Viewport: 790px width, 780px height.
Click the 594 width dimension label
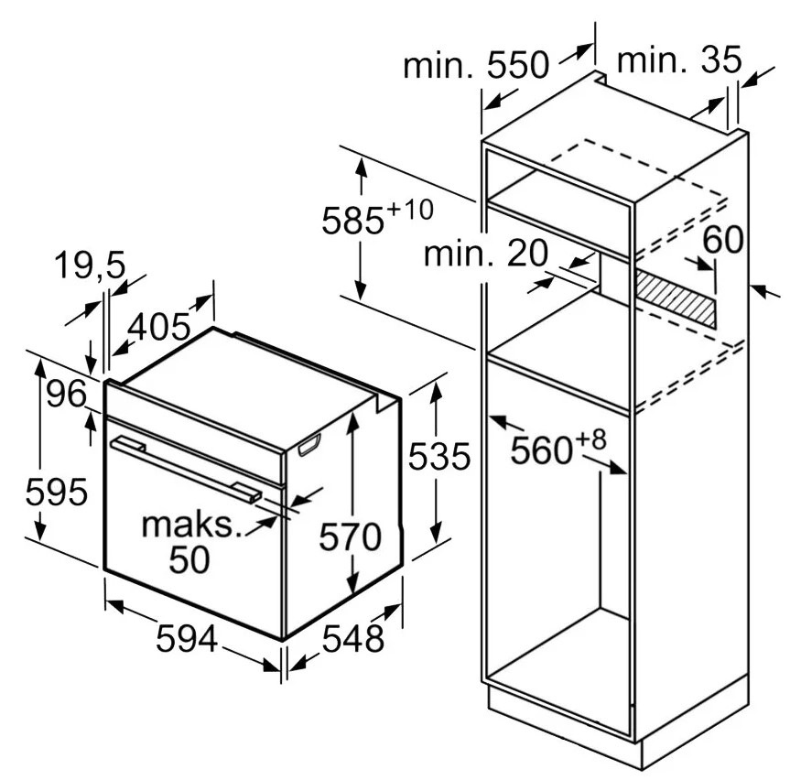click(x=187, y=639)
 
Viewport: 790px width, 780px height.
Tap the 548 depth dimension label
click(x=352, y=639)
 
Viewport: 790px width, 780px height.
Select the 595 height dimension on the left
click(x=57, y=493)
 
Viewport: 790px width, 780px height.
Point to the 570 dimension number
click(x=351, y=537)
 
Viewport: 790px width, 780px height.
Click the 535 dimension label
click(x=439, y=457)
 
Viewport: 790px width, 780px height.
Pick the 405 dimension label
click(x=158, y=327)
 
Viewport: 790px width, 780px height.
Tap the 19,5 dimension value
click(x=90, y=265)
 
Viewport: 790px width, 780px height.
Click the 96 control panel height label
click(x=67, y=394)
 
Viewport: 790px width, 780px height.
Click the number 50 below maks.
click(x=189, y=559)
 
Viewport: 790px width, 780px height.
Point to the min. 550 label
click(x=476, y=64)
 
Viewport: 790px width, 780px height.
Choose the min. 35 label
click(x=679, y=60)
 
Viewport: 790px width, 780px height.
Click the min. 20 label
click(x=486, y=253)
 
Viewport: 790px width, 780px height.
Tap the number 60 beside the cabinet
click(x=723, y=239)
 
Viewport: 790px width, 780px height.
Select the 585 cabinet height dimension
click(x=352, y=221)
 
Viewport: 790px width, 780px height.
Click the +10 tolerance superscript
click(x=409, y=209)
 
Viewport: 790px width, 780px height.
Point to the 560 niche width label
click(x=542, y=450)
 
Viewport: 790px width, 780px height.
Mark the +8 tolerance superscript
click(x=590, y=439)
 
